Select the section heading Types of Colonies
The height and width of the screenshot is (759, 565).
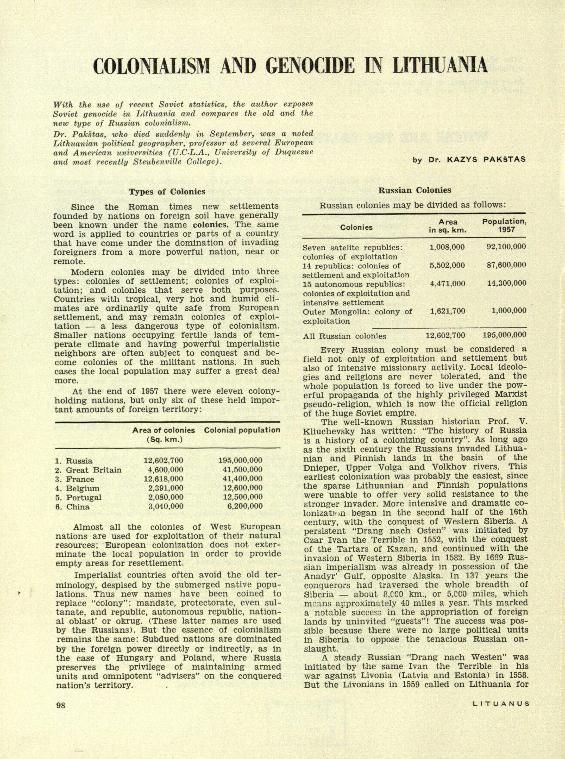[167, 192]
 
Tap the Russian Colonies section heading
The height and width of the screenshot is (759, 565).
[415, 190]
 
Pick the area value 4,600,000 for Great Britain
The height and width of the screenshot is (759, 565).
[164, 470]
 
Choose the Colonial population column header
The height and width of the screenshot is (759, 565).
[242, 430]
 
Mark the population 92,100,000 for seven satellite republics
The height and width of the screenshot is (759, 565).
[506, 247]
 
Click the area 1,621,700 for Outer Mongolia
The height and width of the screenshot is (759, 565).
[447, 311]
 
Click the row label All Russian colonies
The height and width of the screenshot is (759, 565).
[345, 336]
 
